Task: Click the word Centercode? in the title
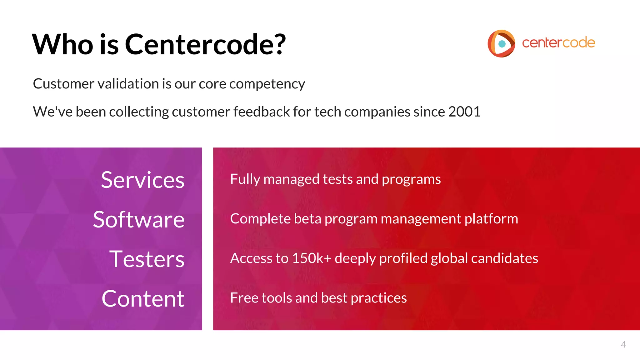[x=205, y=44]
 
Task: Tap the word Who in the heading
[x=62, y=44]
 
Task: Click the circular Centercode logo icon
[x=501, y=43]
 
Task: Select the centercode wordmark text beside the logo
[x=558, y=43]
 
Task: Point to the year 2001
[x=464, y=112]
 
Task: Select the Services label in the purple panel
[x=142, y=180]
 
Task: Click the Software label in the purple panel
[x=139, y=220]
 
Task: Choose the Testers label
[x=147, y=259]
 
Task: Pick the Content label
[x=143, y=299]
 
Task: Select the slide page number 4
[x=623, y=345]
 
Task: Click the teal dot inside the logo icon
[x=502, y=44]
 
